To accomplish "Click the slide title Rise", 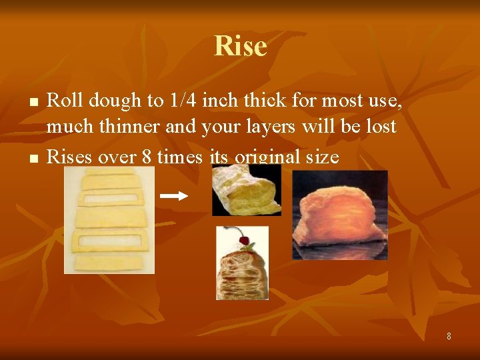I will (240, 46).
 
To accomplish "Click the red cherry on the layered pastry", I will (243, 240).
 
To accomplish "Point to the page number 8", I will (449, 337).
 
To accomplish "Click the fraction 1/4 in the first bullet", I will (183, 101).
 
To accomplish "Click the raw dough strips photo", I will (109, 220).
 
